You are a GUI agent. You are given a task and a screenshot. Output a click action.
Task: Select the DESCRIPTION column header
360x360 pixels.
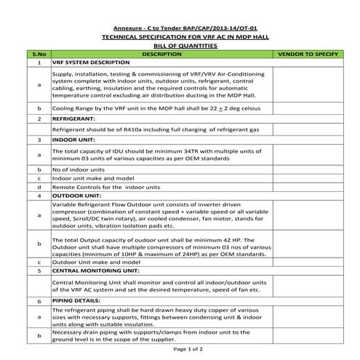point(162,55)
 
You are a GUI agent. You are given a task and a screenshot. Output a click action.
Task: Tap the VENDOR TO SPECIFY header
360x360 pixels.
point(307,55)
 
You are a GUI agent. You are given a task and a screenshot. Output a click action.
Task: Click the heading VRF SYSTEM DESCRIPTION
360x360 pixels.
point(92,63)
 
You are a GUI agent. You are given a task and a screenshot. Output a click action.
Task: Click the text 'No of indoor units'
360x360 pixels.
point(83,168)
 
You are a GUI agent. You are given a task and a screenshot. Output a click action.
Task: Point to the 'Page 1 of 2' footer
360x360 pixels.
point(180,350)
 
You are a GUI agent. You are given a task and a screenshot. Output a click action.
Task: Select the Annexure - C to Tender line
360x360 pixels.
point(180,27)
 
